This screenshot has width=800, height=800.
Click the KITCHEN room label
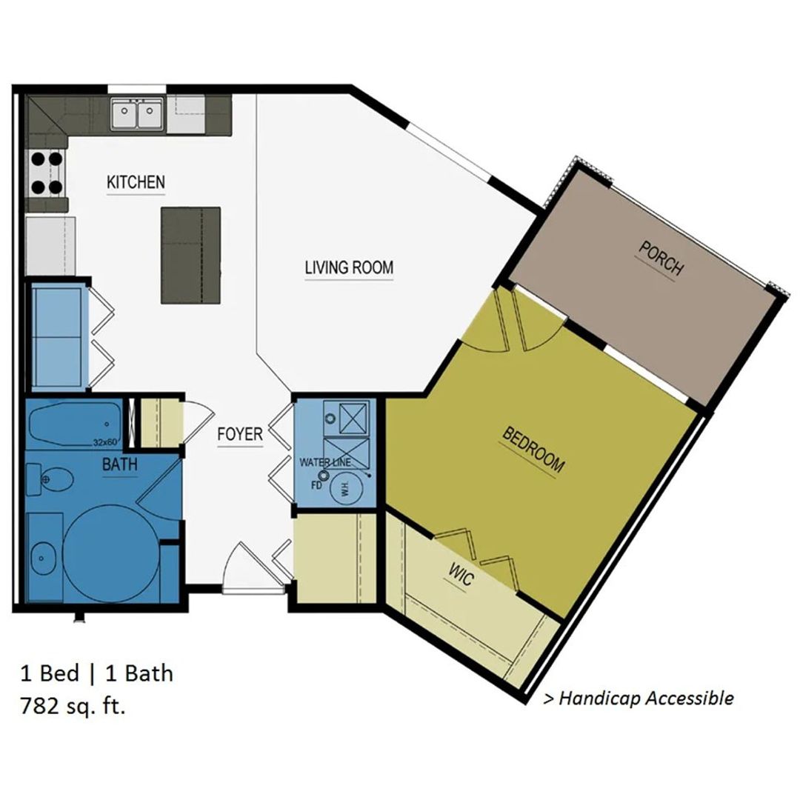(136, 182)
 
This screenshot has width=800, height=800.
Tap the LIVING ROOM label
(349, 267)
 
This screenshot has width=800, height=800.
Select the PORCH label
(661, 259)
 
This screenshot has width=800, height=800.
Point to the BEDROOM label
(533, 450)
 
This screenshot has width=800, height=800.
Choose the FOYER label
(240, 434)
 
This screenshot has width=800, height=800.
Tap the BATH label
(120, 464)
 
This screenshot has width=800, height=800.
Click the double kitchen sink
(137, 114)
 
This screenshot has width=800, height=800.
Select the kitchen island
(191, 255)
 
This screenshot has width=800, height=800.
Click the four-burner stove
(47, 173)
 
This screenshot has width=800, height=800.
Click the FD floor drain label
(316, 484)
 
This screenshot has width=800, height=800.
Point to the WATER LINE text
(325, 463)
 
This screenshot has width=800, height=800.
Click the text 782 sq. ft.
(73, 707)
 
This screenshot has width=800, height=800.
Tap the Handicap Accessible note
(639, 698)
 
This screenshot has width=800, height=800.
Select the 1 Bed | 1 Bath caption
(97, 673)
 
